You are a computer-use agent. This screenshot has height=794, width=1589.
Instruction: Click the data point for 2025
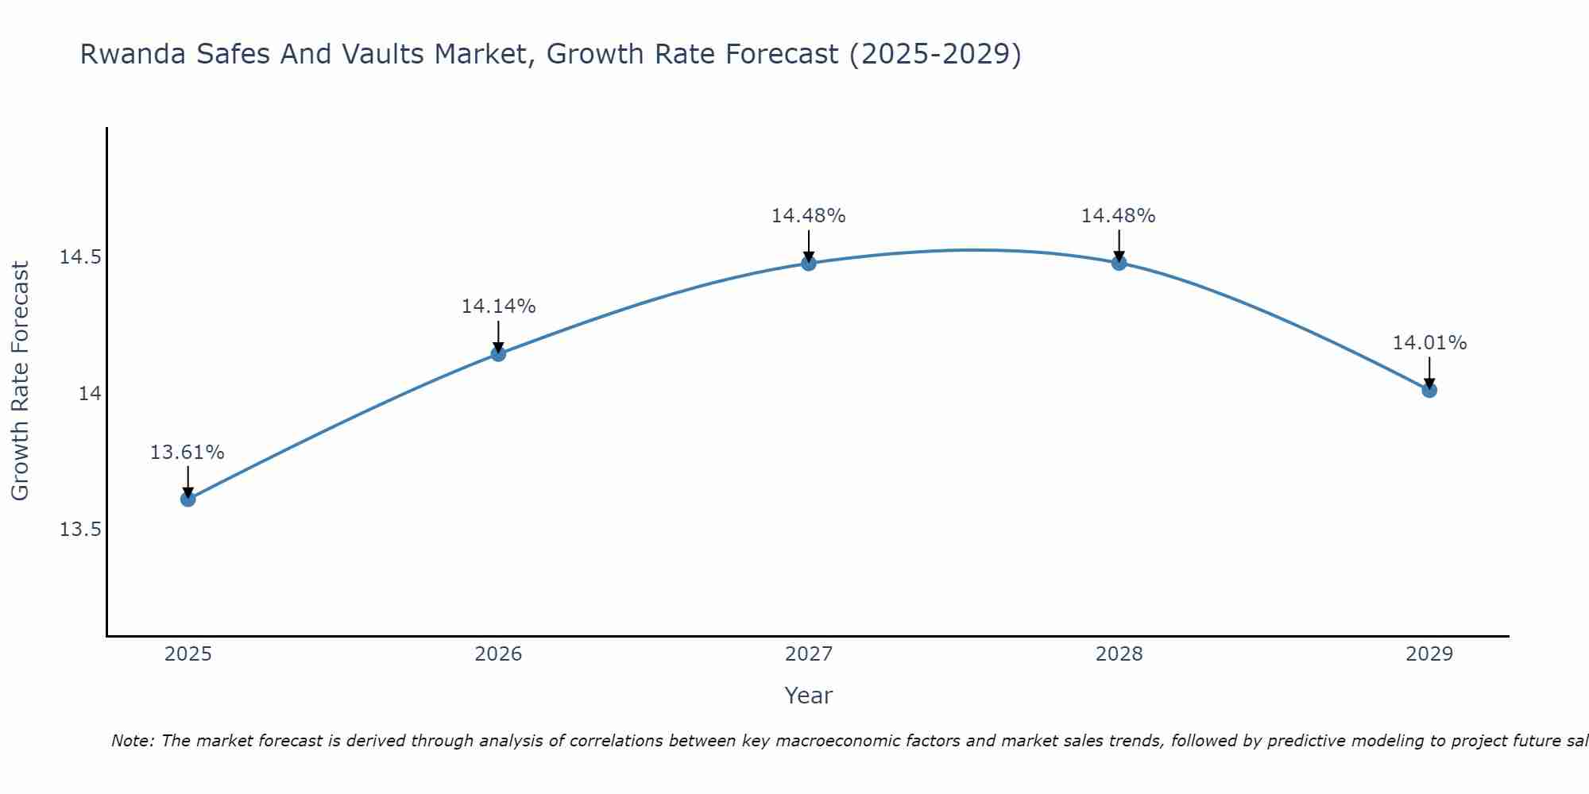(x=188, y=499)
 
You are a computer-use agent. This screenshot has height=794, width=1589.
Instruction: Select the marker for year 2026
(x=498, y=353)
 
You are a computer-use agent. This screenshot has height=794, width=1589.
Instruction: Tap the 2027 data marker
(x=809, y=263)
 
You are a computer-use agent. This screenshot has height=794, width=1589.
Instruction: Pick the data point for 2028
(x=1119, y=263)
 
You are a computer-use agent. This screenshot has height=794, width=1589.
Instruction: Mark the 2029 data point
(x=1429, y=390)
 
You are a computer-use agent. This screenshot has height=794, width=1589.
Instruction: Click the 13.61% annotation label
(x=188, y=453)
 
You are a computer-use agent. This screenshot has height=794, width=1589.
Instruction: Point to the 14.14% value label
(x=498, y=306)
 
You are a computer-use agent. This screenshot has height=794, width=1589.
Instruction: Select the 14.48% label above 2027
(x=809, y=216)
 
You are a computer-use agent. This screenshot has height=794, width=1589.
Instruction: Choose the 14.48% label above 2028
(x=1119, y=216)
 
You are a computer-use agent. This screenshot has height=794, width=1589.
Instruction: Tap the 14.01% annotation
(x=1429, y=343)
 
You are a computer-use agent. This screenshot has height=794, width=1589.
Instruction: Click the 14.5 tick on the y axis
(x=80, y=257)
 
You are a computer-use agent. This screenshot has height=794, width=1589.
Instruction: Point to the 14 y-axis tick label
(x=90, y=394)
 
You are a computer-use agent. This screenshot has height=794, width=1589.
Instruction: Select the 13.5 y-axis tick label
(x=80, y=530)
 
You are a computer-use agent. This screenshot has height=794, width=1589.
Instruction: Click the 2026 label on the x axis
(x=498, y=654)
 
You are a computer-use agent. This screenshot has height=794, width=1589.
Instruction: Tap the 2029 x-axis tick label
(x=1429, y=654)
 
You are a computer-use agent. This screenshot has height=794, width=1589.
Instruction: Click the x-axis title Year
(x=808, y=696)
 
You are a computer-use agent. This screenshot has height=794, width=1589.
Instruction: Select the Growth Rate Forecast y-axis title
(x=20, y=381)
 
